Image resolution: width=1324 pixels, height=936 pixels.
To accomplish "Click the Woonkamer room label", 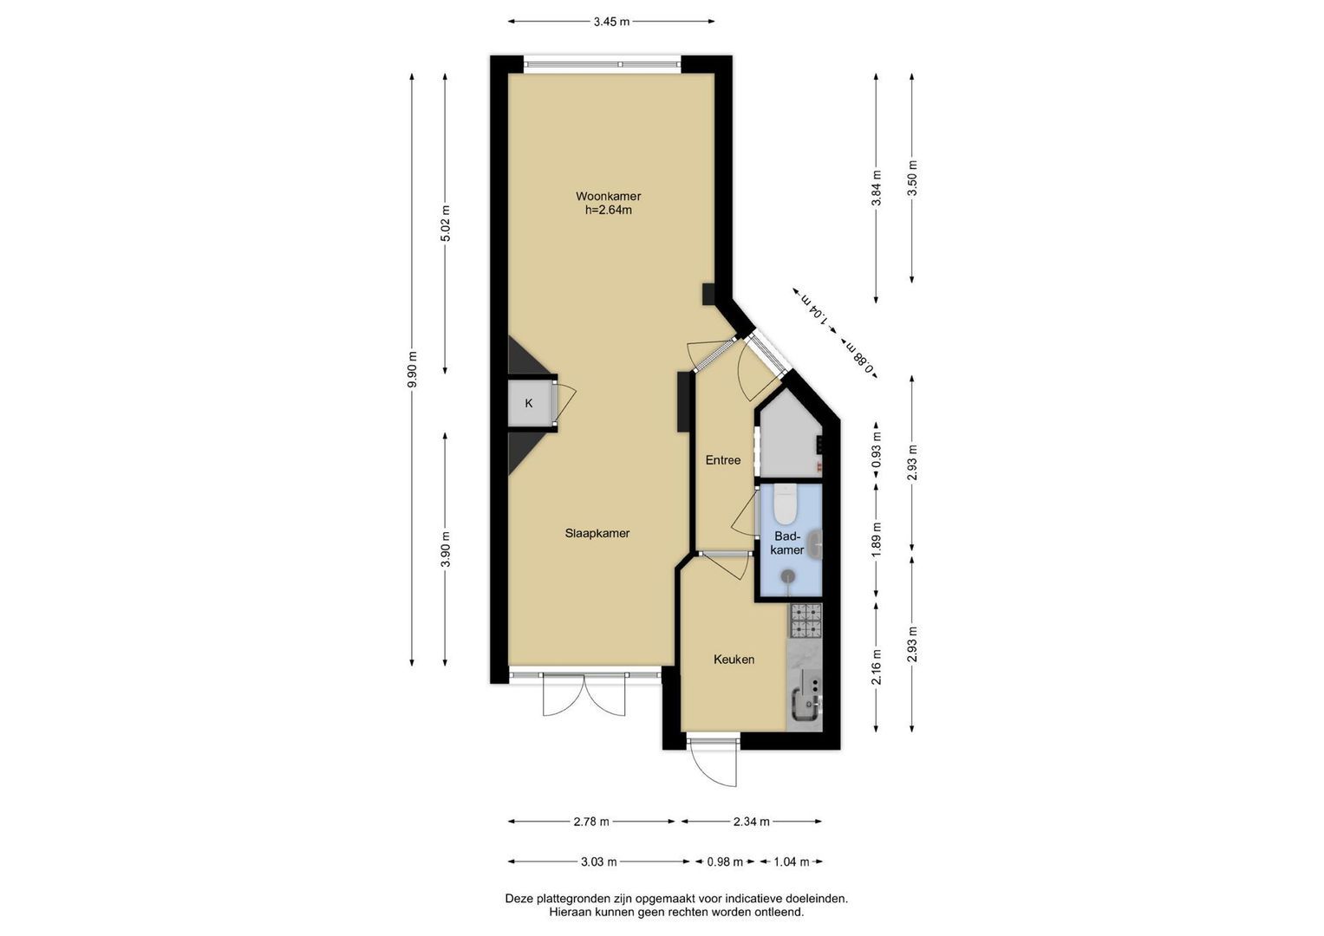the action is pyautogui.click(x=608, y=196).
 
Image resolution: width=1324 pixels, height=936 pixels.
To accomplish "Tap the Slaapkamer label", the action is pyautogui.click(x=597, y=533).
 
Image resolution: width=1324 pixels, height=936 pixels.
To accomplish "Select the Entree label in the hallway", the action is pyautogui.click(x=723, y=459).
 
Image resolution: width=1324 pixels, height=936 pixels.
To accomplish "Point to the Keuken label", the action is pyautogui.click(x=734, y=659).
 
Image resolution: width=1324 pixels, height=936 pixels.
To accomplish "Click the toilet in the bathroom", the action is pyautogui.click(x=786, y=504).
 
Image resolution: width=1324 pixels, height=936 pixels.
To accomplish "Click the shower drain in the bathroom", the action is pyautogui.click(x=787, y=575).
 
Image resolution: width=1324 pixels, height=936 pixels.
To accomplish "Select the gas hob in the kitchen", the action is pyautogui.click(x=807, y=621).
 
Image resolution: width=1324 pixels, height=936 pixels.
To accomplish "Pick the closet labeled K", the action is pyautogui.click(x=530, y=403).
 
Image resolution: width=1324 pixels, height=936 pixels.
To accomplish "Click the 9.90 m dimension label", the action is pyautogui.click(x=412, y=369).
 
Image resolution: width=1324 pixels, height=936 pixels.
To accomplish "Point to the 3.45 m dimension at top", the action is pyautogui.click(x=611, y=22).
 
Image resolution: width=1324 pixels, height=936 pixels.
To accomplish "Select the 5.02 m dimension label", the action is pyautogui.click(x=446, y=223).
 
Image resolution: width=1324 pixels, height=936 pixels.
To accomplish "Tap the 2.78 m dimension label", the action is pyautogui.click(x=591, y=822).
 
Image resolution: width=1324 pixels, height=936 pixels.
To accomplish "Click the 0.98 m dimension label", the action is pyautogui.click(x=725, y=861).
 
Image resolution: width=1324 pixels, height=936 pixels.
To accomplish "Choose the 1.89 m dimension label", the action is pyautogui.click(x=877, y=540).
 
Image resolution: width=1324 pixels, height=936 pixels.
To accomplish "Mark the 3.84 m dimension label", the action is pyautogui.click(x=877, y=187).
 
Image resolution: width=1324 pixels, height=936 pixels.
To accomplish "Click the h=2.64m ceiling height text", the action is pyautogui.click(x=608, y=210).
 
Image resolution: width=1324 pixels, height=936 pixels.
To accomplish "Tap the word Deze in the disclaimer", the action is pyautogui.click(x=519, y=899).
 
